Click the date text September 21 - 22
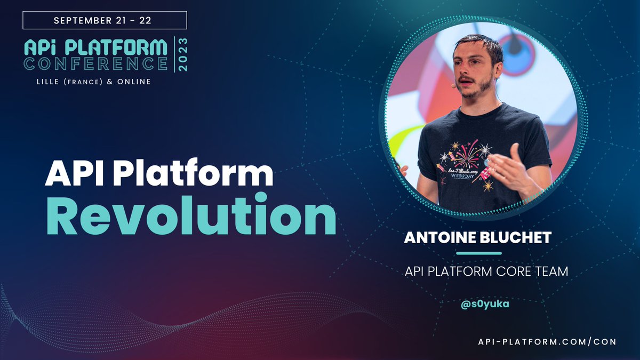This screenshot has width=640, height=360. [x=105, y=20]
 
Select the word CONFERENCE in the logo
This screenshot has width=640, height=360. [x=96, y=63]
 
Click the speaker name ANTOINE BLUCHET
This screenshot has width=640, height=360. [x=477, y=238]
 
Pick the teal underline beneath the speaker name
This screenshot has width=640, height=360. [x=479, y=253]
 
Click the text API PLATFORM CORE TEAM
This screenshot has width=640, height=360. [x=486, y=271]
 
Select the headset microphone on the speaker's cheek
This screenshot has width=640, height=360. [x=453, y=85]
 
